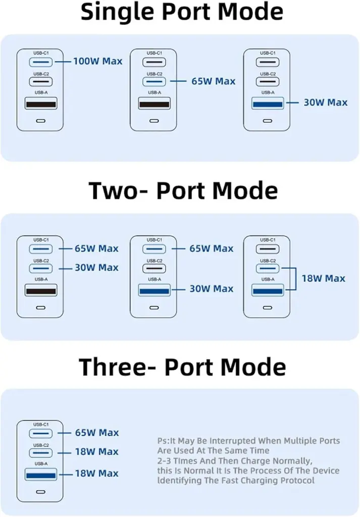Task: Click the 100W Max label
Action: click(98, 62)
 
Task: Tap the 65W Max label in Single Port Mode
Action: click(213, 81)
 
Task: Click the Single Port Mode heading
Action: click(182, 12)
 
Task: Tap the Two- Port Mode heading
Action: click(183, 191)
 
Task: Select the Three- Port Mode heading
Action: click(182, 367)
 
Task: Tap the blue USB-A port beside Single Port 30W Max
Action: click(267, 104)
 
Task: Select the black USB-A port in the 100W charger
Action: click(41, 104)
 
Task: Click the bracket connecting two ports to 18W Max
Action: click(292, 278)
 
